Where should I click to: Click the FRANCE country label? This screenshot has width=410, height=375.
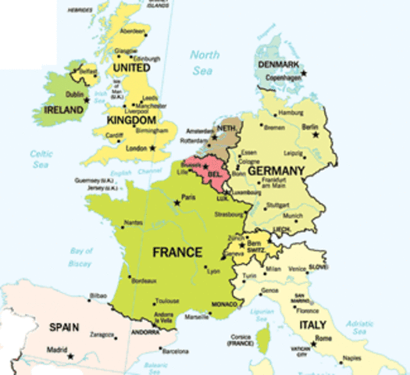pos(177,252)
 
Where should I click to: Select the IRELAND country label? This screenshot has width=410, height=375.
pos(63,110)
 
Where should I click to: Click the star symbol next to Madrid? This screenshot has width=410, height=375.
pos(70,356)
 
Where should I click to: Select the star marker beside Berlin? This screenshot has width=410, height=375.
pos(316,135)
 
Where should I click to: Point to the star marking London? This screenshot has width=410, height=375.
pos(153,148)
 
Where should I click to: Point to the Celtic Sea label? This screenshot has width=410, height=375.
pos(41,159)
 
